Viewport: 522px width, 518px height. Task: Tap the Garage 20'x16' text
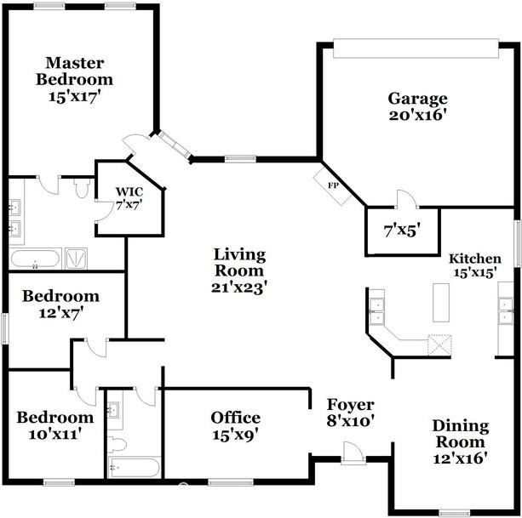[x=417, y=106]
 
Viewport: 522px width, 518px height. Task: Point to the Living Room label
[x=239, y=270]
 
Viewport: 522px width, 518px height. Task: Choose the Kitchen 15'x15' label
[x=475, y=265]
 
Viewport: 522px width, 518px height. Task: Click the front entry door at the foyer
[x=352, y=457]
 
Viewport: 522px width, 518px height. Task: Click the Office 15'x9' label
[x=236, y=425]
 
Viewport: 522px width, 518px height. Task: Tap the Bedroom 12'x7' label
[x=60, y=305]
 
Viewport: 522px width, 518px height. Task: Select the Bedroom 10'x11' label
[x=55, y=425]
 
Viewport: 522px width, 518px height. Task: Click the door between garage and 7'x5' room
[x=404, y=202]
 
